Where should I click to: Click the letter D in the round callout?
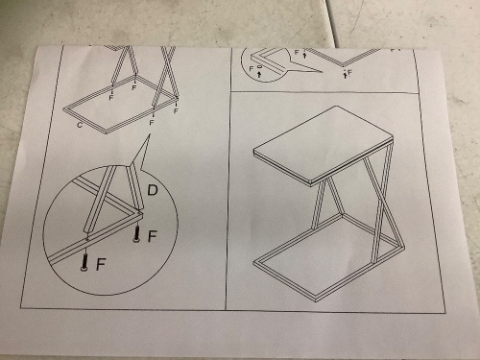(x=153, y=190)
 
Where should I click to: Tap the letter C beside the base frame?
(x=80, y=125)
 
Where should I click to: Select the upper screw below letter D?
(x=136, y=234)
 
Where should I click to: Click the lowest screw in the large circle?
(x=84, y=262)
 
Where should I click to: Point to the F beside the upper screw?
(x=153, y=236)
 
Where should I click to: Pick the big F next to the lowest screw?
(x=101, y=264)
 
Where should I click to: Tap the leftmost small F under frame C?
(x=111, y=97)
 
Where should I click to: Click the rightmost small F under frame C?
(x=176, y=110)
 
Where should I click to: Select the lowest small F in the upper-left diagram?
(x=152, y=123)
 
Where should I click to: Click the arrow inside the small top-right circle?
(x=259, y=75)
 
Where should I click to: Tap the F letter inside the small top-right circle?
(x=252, y=68)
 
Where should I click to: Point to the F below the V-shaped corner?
(x=349, y=73)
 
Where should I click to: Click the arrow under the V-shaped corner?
(x=345, y=75)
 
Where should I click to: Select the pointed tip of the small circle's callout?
(x=322, y=72)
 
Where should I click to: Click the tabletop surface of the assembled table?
(x=324, y=144)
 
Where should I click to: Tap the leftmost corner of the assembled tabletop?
(x=253, y=150)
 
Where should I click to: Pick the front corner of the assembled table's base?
(x=316, y=300)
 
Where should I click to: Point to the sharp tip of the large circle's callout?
(x=150, y=134)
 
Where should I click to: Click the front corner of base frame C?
(x=107, y=133)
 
